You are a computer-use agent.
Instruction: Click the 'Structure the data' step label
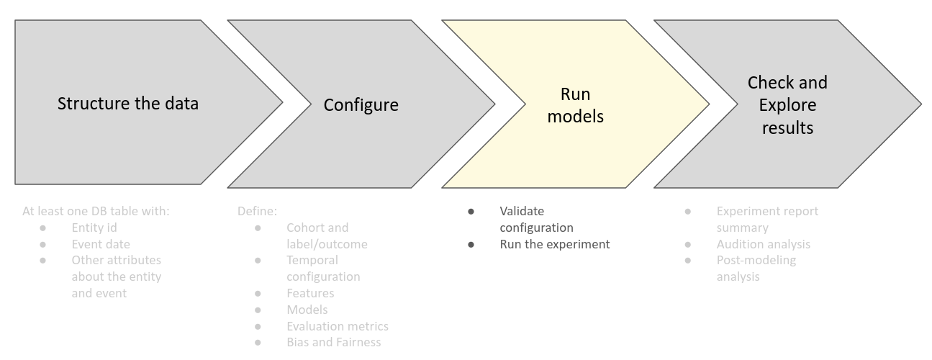click(128, 103)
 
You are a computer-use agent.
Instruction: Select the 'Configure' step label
click(361, 105)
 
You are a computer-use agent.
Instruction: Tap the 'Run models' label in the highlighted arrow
click(575, 105)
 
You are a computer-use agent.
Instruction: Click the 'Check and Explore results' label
click(787, 105)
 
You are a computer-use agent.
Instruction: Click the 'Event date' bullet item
click(101, 244)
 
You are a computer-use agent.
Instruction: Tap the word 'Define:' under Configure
click(257, 211)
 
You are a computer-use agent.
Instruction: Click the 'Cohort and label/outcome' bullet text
click(327, 235)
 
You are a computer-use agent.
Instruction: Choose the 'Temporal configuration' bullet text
click(323, 269)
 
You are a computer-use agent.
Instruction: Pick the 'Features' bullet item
click(310, 293)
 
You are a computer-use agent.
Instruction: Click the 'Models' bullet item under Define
click(307, 310)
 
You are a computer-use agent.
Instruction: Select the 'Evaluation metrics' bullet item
click(337, 326)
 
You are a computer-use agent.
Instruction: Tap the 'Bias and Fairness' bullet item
click(333, 343)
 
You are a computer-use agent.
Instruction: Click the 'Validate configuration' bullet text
click(536, 219)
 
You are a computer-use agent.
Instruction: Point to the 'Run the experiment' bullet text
click(554, 244)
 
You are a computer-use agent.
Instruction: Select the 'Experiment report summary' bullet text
click(767, 219)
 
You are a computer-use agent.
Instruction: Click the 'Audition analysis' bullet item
click(763, 244)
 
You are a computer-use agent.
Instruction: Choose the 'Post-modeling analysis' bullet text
click(756, 268)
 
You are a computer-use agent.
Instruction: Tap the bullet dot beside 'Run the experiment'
click(471, 244)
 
